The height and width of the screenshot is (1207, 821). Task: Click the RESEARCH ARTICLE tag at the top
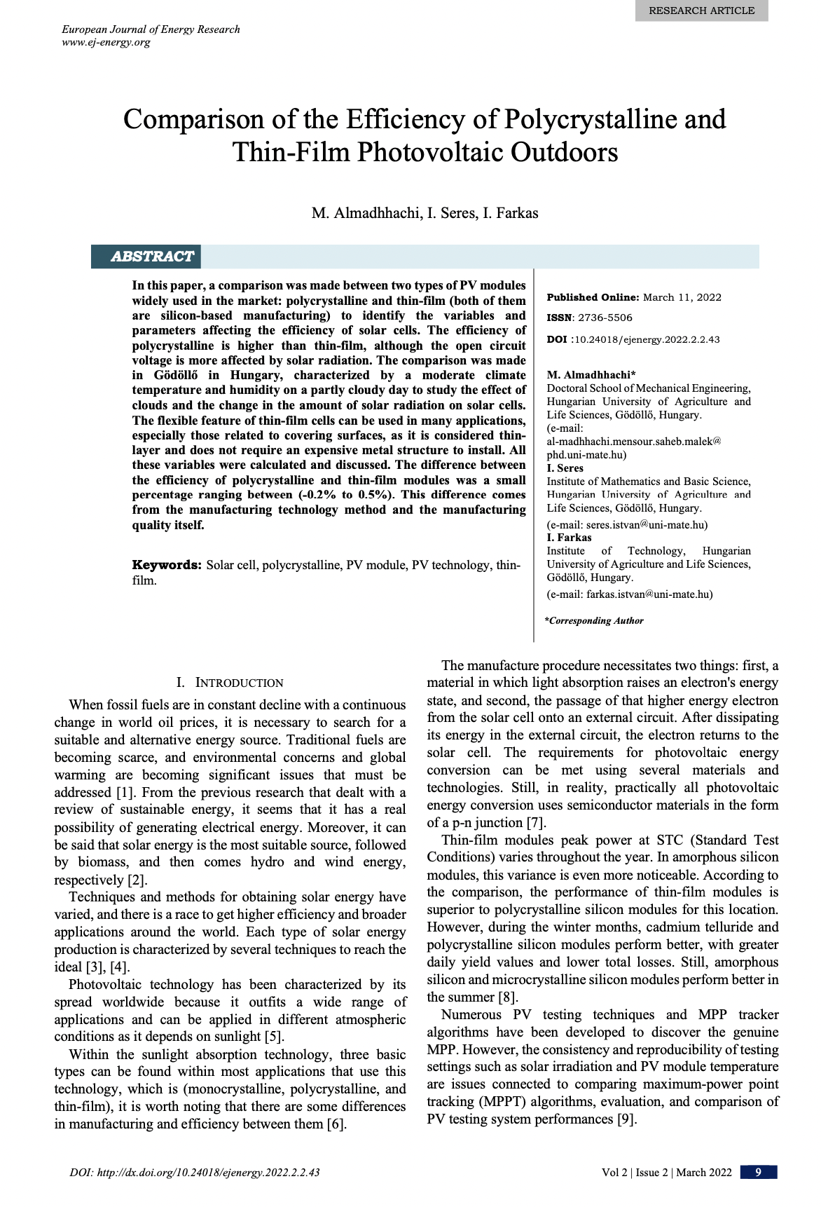[701, 11]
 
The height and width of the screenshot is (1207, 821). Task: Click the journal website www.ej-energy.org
[106, 42]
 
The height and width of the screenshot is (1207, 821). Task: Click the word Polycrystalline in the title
[591, 119]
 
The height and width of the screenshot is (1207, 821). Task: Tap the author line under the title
[425, 213]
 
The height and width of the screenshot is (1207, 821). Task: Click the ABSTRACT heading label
[151, 257]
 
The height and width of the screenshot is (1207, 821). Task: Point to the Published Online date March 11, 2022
[682, 297]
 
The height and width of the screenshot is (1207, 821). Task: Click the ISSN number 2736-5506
[605, 318]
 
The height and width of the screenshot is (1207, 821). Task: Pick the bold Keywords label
[167, 565]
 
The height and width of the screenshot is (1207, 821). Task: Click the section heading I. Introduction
[230, 683]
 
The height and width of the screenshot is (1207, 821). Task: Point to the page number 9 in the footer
[758, 1173]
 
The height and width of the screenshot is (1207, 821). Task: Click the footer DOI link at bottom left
[195, 1173]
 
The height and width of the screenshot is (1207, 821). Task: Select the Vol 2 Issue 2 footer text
[666, 1173]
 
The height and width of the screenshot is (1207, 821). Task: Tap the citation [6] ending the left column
[336, 1124]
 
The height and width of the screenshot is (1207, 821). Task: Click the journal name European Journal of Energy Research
[151, 29]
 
